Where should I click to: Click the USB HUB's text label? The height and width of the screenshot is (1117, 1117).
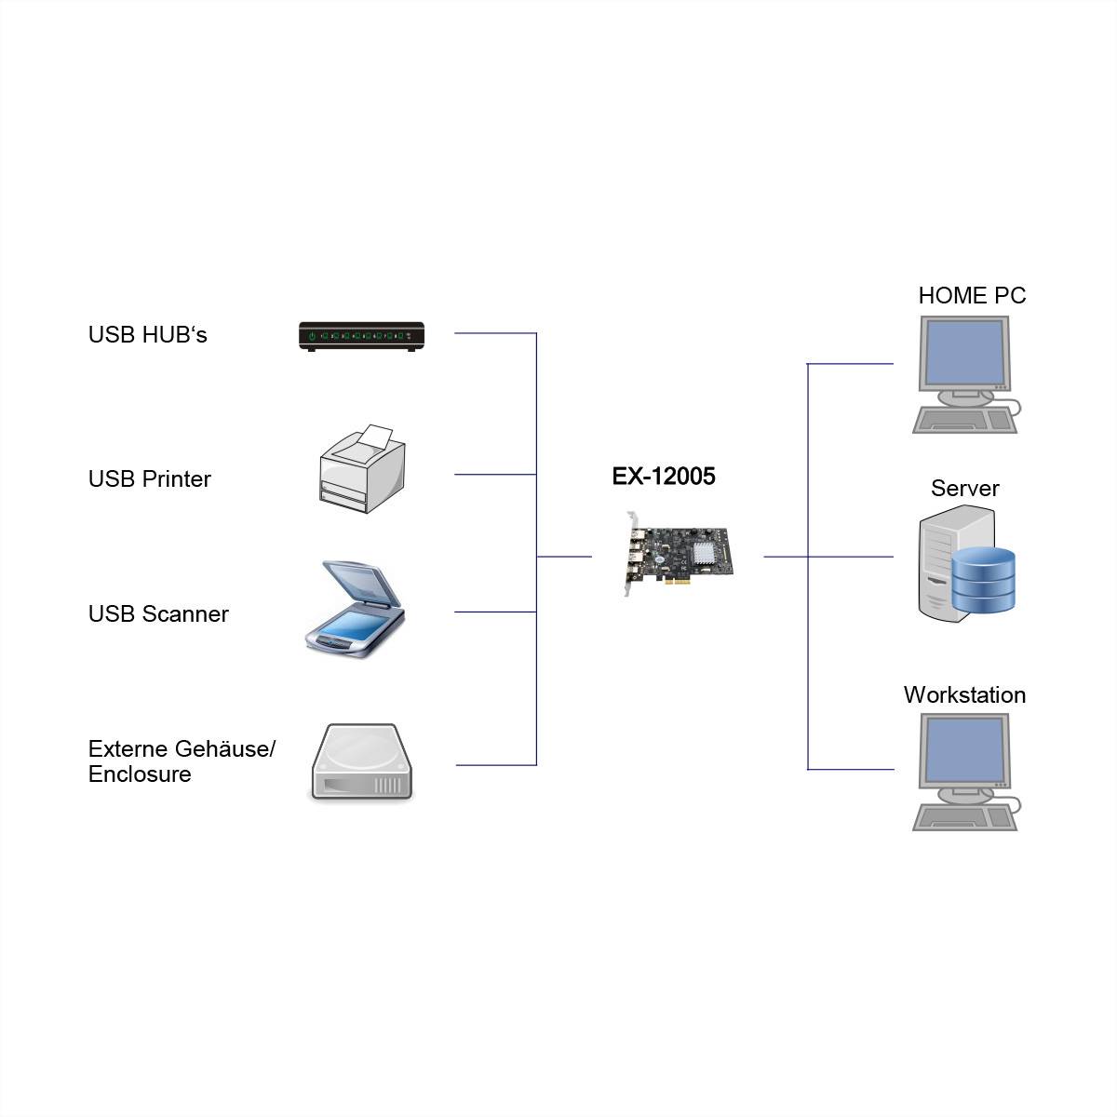pyautogui.click(x=147, y=335)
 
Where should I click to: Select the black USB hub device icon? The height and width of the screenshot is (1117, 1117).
pyautogui.click(x=361, y=336)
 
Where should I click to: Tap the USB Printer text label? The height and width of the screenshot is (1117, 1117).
pyautogui.click(x=149, y=479)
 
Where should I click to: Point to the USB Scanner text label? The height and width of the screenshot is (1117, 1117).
pyautogui.click(x=158, y=614)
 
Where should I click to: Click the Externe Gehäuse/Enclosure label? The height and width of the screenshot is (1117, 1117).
pyautogui.click(x=182, y=761)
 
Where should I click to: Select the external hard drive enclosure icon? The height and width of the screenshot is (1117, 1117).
pyautogui.click(x=360, y=763)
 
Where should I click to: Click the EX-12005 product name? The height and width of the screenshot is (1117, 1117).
pyautogui.click(x=663, y=477)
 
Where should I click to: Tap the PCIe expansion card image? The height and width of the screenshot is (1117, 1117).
pyautogui.click(x=678, y=553)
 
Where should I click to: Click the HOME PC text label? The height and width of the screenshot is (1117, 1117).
pyautogui.click(x=971, y=296)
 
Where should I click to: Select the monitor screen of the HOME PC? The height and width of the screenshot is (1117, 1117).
pyautogui.click(x=963, y=354)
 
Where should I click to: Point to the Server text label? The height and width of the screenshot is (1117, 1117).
pyautogui.click(x=964, y=489)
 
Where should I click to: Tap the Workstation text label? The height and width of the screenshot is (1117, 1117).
pyautogui.click(x=964, y=695)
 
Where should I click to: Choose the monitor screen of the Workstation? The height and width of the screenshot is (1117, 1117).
pyautogui.click(x=963, y=750)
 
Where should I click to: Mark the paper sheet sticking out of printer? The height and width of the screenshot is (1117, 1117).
pyautogui.click(x=374, y=437)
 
